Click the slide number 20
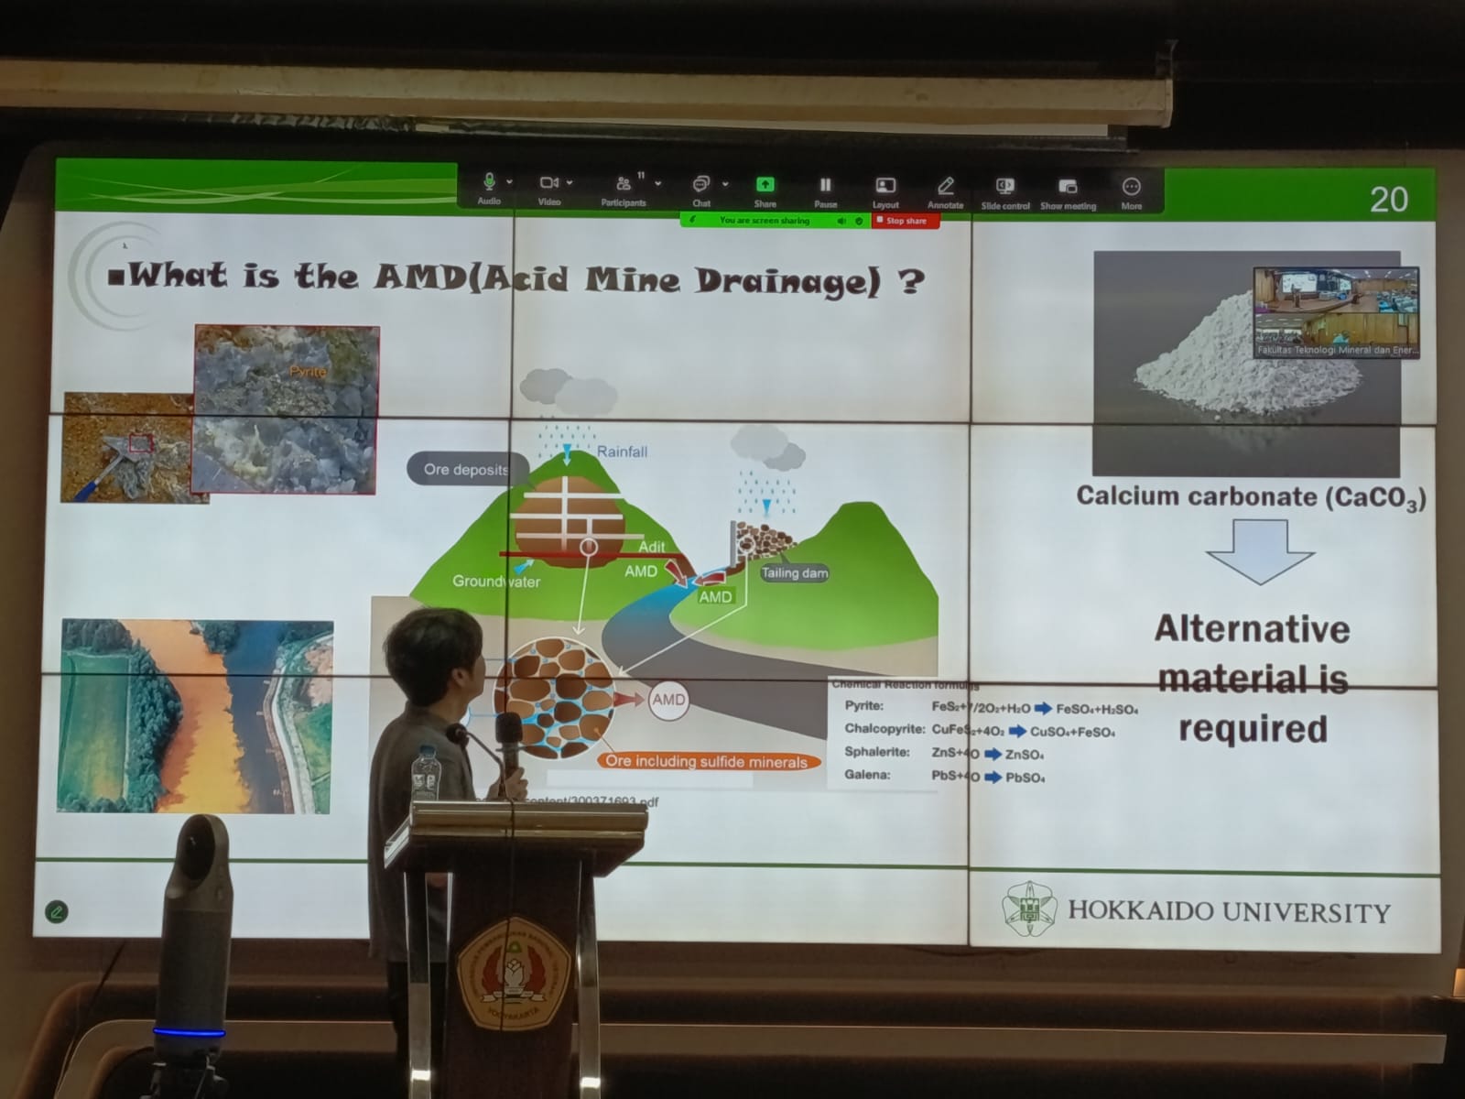point(1388,199)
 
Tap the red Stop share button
point(905,221)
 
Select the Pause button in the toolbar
point(825,190)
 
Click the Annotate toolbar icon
point(945,190)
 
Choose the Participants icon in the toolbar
point(624,188)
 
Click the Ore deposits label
point(466,469)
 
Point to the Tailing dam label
point(794,572)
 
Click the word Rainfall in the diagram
point(622,452)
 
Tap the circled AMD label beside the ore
point(667,700)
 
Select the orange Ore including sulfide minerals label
point(706,761)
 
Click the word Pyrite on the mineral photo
point(308,371)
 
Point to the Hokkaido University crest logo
point(1029,909)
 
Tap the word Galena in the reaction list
point(866,775)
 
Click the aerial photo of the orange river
point(196,716)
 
